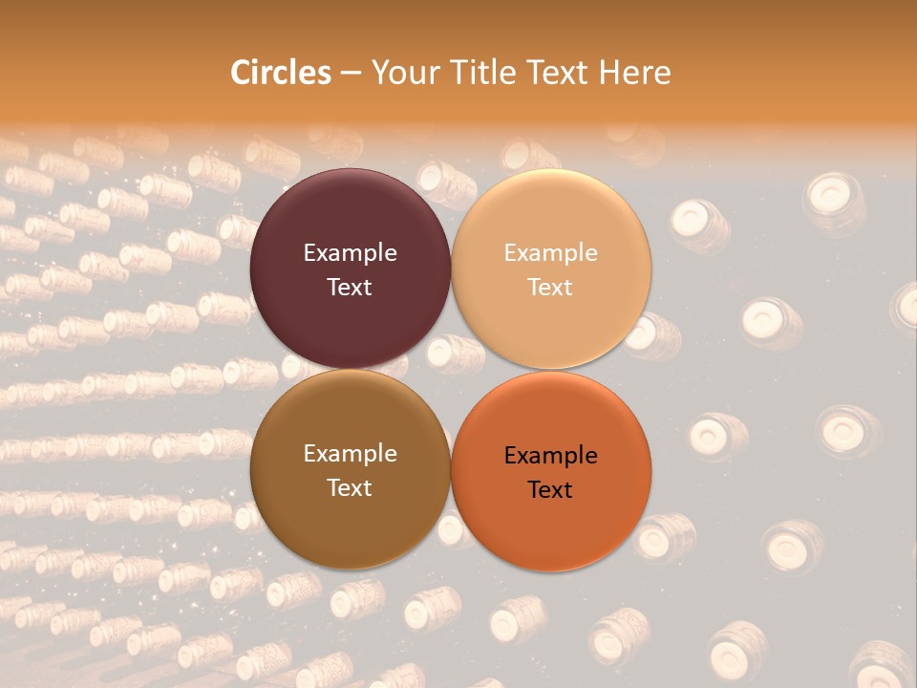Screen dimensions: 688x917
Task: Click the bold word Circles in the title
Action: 280,73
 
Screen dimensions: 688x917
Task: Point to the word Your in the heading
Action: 400,73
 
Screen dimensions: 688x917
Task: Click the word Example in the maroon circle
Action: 350,253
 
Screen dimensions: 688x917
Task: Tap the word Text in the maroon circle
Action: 350,288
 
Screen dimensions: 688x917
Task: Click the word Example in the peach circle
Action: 550,253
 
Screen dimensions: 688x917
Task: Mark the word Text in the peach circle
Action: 550,288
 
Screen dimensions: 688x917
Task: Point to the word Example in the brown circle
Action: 350,454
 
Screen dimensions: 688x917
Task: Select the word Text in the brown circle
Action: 350,488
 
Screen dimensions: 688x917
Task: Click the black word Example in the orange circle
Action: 550,456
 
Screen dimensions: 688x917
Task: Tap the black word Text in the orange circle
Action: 550,490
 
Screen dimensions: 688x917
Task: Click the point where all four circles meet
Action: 451,369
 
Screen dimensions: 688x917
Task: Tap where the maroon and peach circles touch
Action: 451,269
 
